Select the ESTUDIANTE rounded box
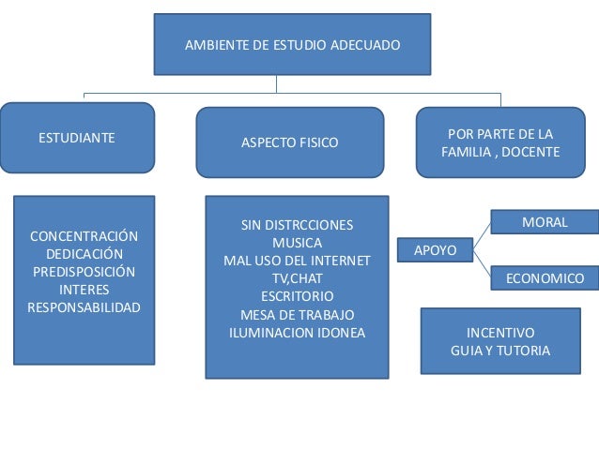[x=77, y=138]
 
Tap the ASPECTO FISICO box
[x=290, y=142]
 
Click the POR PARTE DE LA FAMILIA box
[x=500, y=142]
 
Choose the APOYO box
[x=436, y=250]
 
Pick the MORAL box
[x=545, y=222]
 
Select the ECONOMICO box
[x=545, y=278]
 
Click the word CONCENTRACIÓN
[x=84, y=235]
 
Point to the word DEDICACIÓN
[x=84, y=254]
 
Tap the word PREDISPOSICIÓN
[x=84, y=272]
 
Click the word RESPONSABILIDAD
[x=84, y=307]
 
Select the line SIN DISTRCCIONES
[x=298, y=225]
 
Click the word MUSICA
[x=298, y=243]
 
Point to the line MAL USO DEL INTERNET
[x=298, y=261]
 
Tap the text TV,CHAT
[x=298, y=278]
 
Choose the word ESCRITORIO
[x=298, y=296]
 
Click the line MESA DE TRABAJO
[x=298, y=314]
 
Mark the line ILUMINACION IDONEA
[x=298, y=332]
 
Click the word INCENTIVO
[x=500, y=333]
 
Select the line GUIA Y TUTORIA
[x=500, y=351]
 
